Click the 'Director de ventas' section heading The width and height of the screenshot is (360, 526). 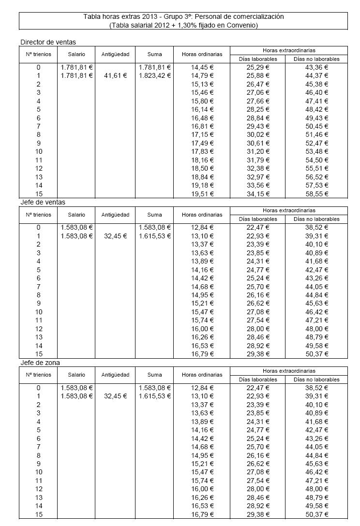coord(48,42)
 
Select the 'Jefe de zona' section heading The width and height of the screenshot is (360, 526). coord(40,363)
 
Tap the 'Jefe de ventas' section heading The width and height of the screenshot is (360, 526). coord(43,202)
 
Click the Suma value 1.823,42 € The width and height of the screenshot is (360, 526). coord(154,75)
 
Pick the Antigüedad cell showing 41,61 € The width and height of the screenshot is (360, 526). coord(115,75)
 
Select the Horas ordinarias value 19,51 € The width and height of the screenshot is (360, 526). coord(202,194)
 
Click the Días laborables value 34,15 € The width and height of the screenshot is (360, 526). coord(257,194)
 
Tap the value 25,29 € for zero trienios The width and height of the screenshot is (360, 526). coord(257,67)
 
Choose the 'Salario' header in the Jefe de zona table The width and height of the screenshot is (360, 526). coord(76,375)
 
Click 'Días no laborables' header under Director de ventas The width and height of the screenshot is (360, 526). coord(316,59)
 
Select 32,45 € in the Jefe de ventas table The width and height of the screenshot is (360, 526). coord(115,236)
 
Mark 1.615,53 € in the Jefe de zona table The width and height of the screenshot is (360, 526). coord(154,396)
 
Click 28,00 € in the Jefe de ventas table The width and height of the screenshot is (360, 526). coord(257,329)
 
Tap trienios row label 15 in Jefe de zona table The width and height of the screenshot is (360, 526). coord(39,514)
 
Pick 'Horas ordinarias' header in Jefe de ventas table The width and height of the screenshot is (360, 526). coord(202,214)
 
